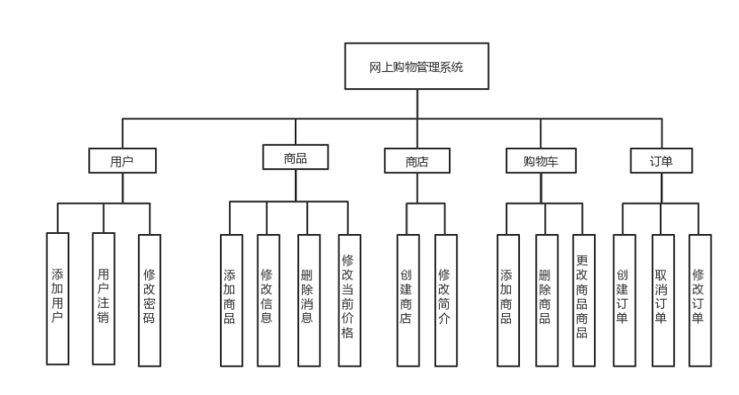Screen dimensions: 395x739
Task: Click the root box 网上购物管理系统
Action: (416, 68)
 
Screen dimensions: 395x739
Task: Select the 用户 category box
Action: (122, 161)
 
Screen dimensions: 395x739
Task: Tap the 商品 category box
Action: (295, 157)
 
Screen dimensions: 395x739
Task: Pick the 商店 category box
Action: (417, 161)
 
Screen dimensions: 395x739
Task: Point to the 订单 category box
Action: (660, 161)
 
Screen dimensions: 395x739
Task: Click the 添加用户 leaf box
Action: (57, 299)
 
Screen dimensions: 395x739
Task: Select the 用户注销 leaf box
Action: (103, 299)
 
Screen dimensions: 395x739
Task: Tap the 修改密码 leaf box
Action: (150, 299)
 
